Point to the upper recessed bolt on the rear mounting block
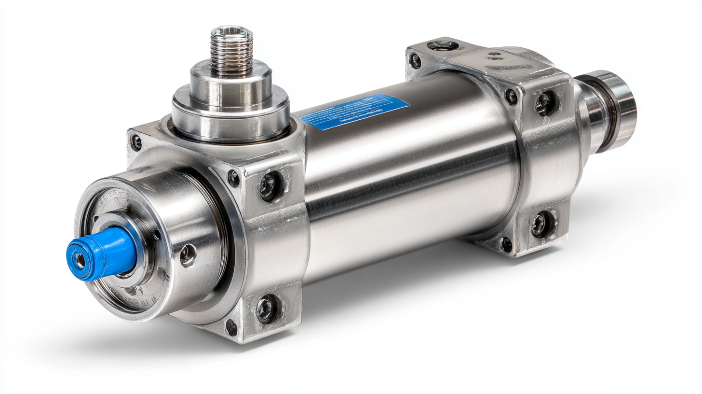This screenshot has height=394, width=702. coord(545,103)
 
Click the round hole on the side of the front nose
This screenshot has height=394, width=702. coord(188,255)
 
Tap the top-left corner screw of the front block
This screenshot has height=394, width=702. coord(136,142)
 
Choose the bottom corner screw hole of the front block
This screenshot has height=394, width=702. coord(231,328)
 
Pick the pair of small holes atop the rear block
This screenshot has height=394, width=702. coord(494,56)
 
